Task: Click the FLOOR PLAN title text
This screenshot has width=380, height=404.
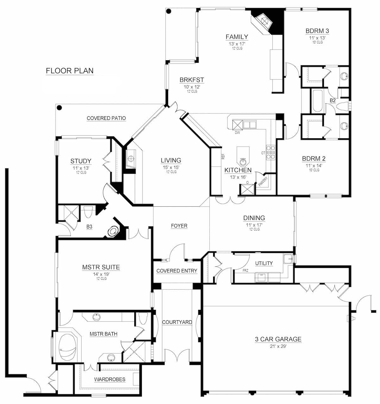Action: point(70,71)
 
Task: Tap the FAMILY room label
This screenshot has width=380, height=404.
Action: point(237,37)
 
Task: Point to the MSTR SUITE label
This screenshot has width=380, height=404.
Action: point(101,267)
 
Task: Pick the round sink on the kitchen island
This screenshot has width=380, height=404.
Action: point(243,162)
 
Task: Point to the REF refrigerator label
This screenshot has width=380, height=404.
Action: point(223,156)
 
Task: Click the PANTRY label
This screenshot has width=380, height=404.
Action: point(263,181)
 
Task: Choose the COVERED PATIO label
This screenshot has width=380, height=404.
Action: point(106,118)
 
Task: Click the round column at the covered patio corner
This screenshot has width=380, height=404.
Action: point(59,108)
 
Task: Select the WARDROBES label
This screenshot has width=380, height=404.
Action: point(110,379)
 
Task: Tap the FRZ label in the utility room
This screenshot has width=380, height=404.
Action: point(245,271)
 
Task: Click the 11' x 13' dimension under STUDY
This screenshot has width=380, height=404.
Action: point(81,168)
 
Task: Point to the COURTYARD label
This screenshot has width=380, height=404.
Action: point(177,322)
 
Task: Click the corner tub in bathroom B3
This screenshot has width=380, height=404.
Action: point(112,232)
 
